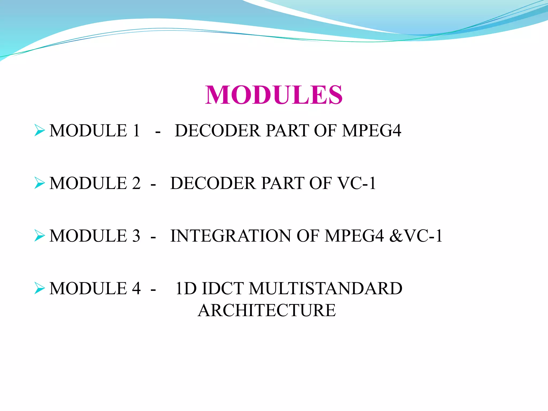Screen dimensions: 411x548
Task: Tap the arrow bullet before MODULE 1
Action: (x=39, y=131)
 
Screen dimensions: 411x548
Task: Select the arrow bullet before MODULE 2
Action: (x=39, y=183)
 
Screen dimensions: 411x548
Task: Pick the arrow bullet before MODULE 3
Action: (x=39, y=236)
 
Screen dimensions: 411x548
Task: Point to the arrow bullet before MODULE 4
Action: (x=39, y=288)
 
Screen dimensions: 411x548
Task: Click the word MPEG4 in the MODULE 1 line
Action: (x=371, y=131)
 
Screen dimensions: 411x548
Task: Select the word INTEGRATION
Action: (x=230, y=236)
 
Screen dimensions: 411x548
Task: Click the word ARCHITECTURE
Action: (x=267, y=310)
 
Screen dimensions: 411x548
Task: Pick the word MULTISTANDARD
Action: (x=325, y=288)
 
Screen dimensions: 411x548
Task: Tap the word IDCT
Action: (x=223, y=288)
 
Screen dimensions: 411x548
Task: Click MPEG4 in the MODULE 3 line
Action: (x=354, y=236)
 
